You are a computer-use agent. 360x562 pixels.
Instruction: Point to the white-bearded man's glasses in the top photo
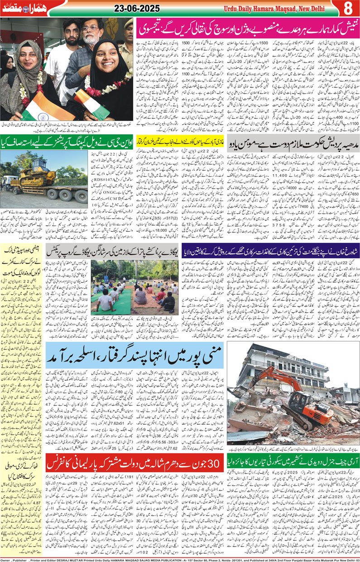click(91, 29)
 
